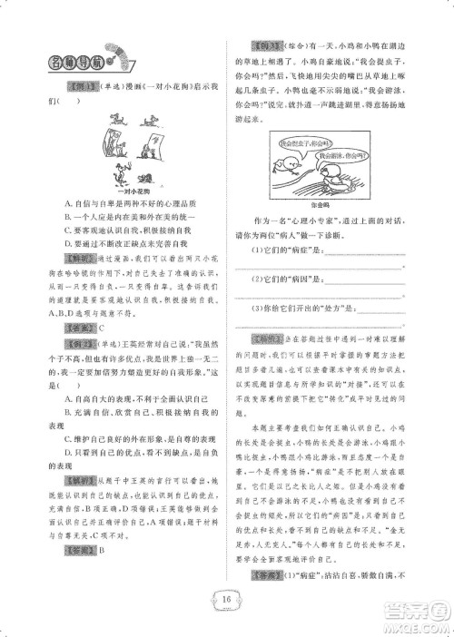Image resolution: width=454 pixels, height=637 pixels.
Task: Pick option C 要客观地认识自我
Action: [x=126, y=231]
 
